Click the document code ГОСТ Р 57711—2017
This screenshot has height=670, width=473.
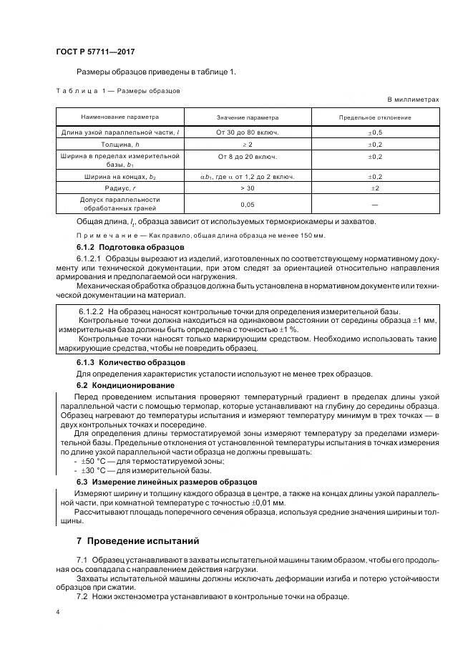click(x=94, y=52)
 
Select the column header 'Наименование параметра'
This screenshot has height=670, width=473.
click(x=120, y=117)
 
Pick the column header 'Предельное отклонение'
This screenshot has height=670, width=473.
click(x=375, y=117)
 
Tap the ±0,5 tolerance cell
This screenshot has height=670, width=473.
click(x=375, y=132)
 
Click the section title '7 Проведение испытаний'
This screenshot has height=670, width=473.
click(x=137, y=540)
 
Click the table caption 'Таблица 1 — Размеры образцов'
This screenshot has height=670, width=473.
click(x=117, y=91)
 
